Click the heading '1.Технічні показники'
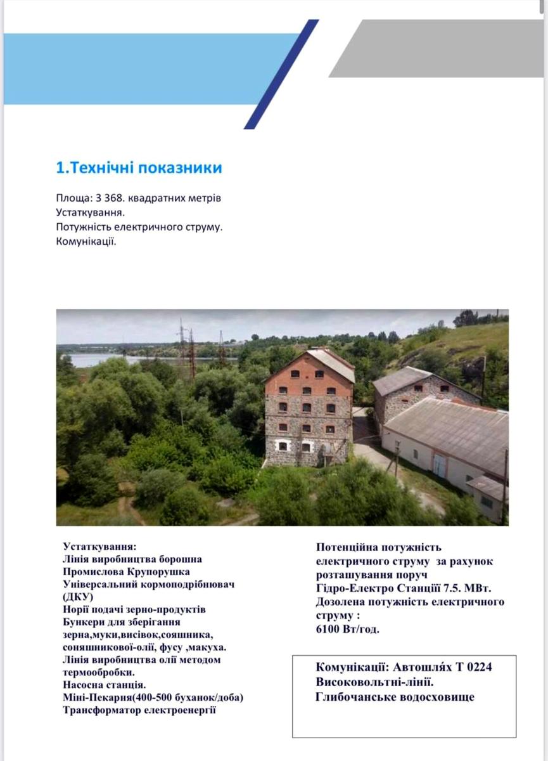tap(139, 168)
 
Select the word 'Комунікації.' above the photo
tap(86, 242)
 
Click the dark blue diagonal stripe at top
tap(282, 73)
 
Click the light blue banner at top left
tap(139, 68)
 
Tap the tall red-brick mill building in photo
tap(309, 409)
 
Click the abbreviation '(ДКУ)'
tap(78, 597)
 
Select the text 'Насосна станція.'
tap(105, 685)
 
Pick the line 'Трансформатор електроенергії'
tap(139, 710)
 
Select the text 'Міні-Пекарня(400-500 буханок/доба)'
tap(153, 698)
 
